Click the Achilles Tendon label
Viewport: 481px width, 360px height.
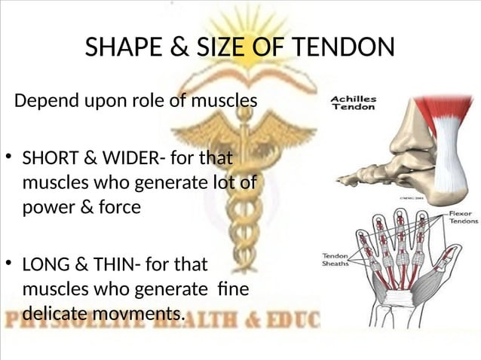355,102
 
